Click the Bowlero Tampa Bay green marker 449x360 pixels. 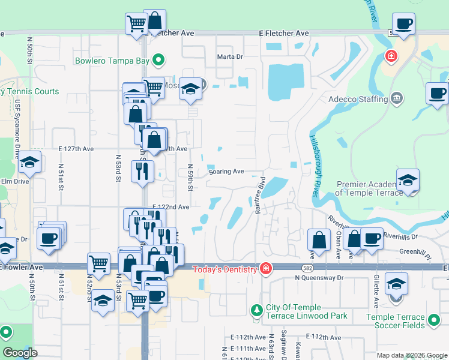click(x=158, y=60)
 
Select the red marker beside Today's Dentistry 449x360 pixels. click(x=264, y=268)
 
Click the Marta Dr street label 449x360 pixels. click(x=229, y=57)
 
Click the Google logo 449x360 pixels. click(x=20, y=353)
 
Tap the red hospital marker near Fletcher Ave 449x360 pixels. click(x=391, y=56)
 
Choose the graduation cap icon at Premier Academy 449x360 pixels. click(x=408, y=179)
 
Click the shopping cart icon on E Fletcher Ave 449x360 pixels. click(x=136, y=24)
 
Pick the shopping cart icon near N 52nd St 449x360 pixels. click(x=99, y=262)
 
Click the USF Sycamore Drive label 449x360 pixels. click(x=17, y=141)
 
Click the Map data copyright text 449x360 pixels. click(x=411, y=355)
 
